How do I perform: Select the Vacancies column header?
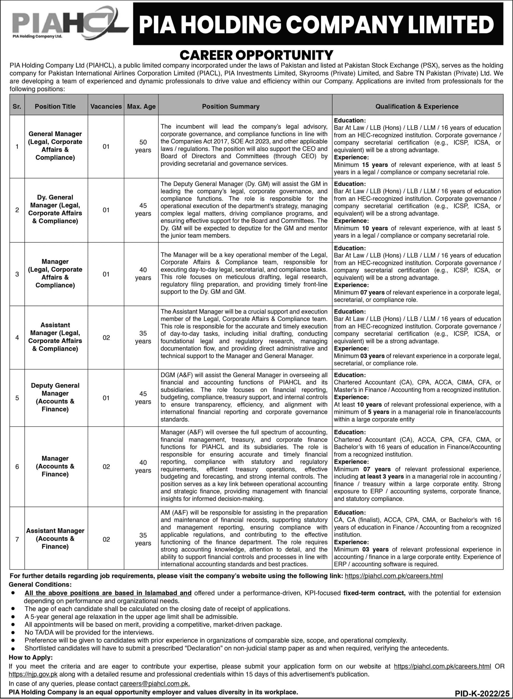[x=106, y=106]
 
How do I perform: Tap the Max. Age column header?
[x=141, y=106]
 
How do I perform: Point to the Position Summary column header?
[x=231, y=106]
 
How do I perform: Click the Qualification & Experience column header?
[x=417, y=106]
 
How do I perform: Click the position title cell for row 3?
[x=55, y=273]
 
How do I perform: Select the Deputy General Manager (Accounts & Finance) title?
[x=55, y=397]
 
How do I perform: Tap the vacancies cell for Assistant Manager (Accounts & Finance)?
[x=106, y=539]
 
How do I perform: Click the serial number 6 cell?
[x=17, y=467]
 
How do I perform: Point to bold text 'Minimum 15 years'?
[x=361, y=165]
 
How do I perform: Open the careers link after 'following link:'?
[x=394, y=576]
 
